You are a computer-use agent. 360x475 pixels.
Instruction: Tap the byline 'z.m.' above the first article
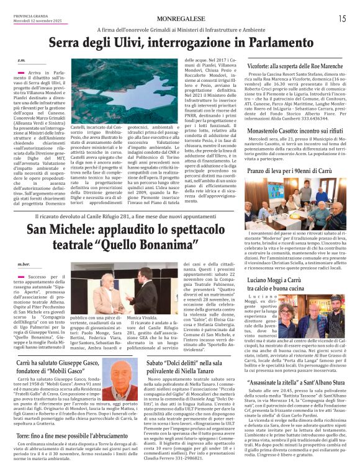click(x=22, y=60)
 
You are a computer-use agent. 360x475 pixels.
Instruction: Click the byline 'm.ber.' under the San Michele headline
click(x=24, y=264)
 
